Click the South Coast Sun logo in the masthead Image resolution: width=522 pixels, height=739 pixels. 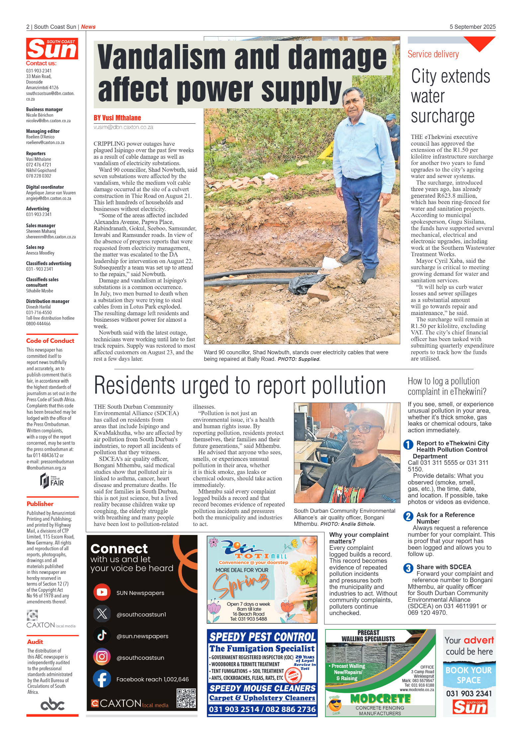pos(52,49)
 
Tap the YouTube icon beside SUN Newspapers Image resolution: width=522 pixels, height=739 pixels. pos(102,592)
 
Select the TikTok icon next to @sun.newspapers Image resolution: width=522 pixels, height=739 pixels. pos(102,636)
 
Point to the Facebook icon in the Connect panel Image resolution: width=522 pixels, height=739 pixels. pos(102,679)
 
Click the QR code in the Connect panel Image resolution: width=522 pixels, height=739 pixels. pos(186,698)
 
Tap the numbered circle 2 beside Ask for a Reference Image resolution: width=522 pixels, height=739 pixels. pos(408,516)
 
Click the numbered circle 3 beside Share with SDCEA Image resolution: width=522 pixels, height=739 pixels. pos(408,568)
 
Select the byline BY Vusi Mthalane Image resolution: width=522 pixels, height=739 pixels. pos(117,118)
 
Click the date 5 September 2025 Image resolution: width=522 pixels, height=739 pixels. pos(472,27)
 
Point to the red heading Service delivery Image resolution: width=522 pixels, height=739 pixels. pos(433,54)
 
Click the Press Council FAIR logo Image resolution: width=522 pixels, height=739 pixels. pos(52,481)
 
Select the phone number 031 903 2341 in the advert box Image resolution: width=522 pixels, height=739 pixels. pos(469,693)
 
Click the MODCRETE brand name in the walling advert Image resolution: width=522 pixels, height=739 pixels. pos(380,699)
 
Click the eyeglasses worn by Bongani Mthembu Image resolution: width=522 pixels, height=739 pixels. pos(363,429)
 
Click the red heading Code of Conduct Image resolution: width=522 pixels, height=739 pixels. pos(50,341)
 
